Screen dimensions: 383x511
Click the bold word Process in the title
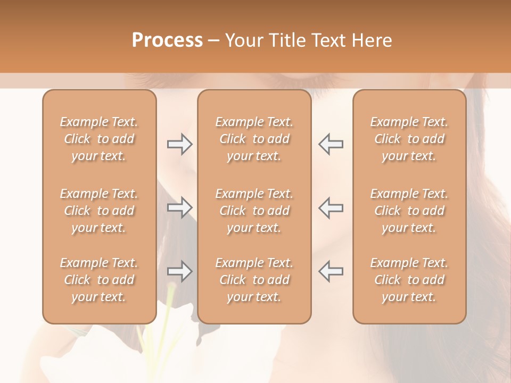click(167, 40)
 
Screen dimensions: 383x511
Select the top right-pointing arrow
click(180, 144)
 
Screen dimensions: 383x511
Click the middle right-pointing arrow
click(180, 207)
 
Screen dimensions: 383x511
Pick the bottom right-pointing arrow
click(180, 271)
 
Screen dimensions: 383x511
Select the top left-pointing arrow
click(331, 144)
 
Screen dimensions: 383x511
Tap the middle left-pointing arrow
click(331, 207)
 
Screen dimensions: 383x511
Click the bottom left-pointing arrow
click(331, 271)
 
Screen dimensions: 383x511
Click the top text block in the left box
click(99, 139)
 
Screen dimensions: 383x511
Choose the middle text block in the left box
click(99, 211)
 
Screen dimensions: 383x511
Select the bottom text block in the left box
click(99, 280)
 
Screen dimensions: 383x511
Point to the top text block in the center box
click(254, 139)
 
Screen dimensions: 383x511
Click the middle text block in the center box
click(254, 211)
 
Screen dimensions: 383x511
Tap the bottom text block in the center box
click(254, 280)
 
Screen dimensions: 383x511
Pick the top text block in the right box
click(409, 139)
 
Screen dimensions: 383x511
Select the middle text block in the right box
click(409, 211)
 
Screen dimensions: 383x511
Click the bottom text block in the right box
click(409, 280)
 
